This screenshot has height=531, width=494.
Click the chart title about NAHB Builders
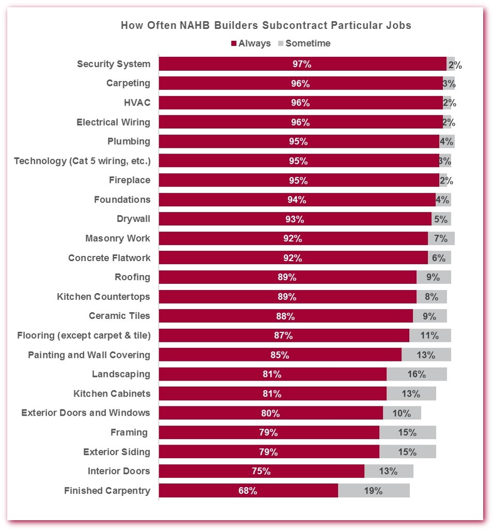click(x=266, y=25)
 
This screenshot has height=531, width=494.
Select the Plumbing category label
click(x=129, y=142)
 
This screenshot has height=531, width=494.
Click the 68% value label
click(x=248, y=491)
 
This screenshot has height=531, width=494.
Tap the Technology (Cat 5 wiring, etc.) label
click(x=82, y=161)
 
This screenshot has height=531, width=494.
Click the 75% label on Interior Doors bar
click(x=261, y=471)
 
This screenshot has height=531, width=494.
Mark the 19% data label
click(x=373, y=491)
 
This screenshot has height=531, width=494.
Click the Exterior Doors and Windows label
click(x=86, y=413)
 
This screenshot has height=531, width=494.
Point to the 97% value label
click(x=302, y=64)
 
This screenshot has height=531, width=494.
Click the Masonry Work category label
click(x=118, y=238)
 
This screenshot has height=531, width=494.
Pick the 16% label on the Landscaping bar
click(x=416, y=374)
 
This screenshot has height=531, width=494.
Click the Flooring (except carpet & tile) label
click(x=84, y=336)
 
